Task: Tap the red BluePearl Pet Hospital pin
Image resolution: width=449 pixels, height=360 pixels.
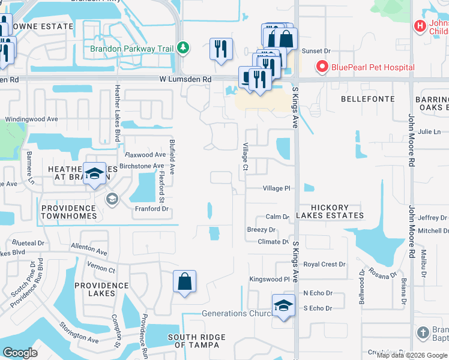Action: click(322, 67)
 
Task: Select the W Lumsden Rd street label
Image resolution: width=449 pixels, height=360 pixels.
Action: click(185, 79)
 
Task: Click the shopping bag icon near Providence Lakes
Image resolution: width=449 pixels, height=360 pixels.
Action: click(184, 281)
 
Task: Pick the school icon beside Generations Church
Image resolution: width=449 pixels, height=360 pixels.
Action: click(283, 306)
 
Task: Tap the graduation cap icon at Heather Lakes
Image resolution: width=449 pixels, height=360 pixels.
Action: click(94, 175)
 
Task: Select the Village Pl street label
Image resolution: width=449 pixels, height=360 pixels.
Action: click(276, 188)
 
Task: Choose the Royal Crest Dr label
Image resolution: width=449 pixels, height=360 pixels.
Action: click(324, 264)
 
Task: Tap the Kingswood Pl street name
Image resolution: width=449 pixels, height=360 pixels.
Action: click(270, 279)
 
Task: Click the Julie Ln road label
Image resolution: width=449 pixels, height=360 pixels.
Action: click(429, 131)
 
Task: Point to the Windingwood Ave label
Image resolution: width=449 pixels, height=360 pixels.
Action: click(31, 119)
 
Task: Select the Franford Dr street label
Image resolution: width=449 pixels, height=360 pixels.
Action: click(151, 209)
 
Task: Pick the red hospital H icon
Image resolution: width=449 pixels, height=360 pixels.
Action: click(420, 26)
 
